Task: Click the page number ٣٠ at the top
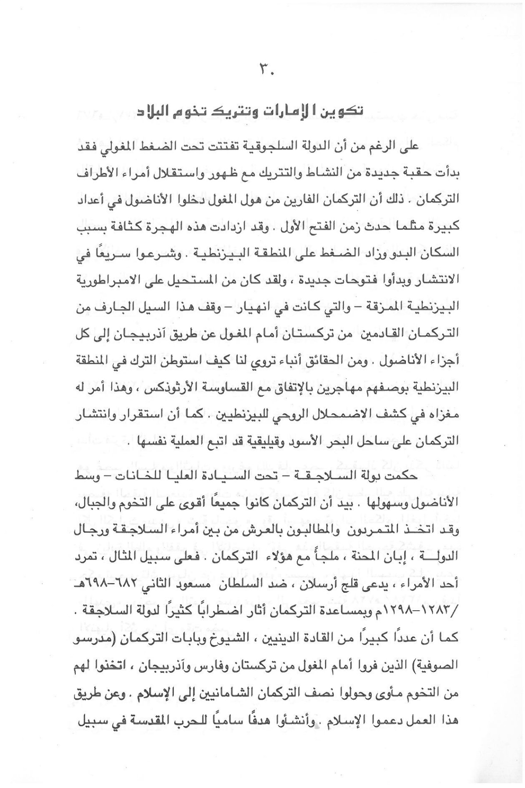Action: [x=266, y=69]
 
